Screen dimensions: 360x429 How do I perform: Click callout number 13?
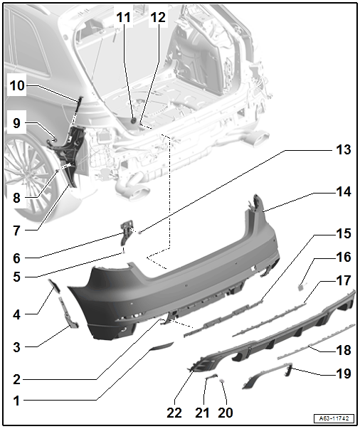344,150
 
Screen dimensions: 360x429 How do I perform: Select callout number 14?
344,192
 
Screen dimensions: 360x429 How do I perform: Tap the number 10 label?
17,85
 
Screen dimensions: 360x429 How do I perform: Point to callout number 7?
16,231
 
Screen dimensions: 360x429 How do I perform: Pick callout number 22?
174,413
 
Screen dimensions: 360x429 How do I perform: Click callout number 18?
344,350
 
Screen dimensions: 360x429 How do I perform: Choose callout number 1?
16,401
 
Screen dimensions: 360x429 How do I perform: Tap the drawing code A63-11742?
334,418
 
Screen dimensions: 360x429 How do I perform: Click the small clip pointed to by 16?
301,287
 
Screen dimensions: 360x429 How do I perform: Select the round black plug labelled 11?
134,120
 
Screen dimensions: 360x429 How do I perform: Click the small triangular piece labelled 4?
55,285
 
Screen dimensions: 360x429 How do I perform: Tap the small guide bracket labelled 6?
125,233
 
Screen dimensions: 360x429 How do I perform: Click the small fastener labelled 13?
140,233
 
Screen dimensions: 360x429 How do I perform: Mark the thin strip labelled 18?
316,342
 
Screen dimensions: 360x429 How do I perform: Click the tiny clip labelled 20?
222,381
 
